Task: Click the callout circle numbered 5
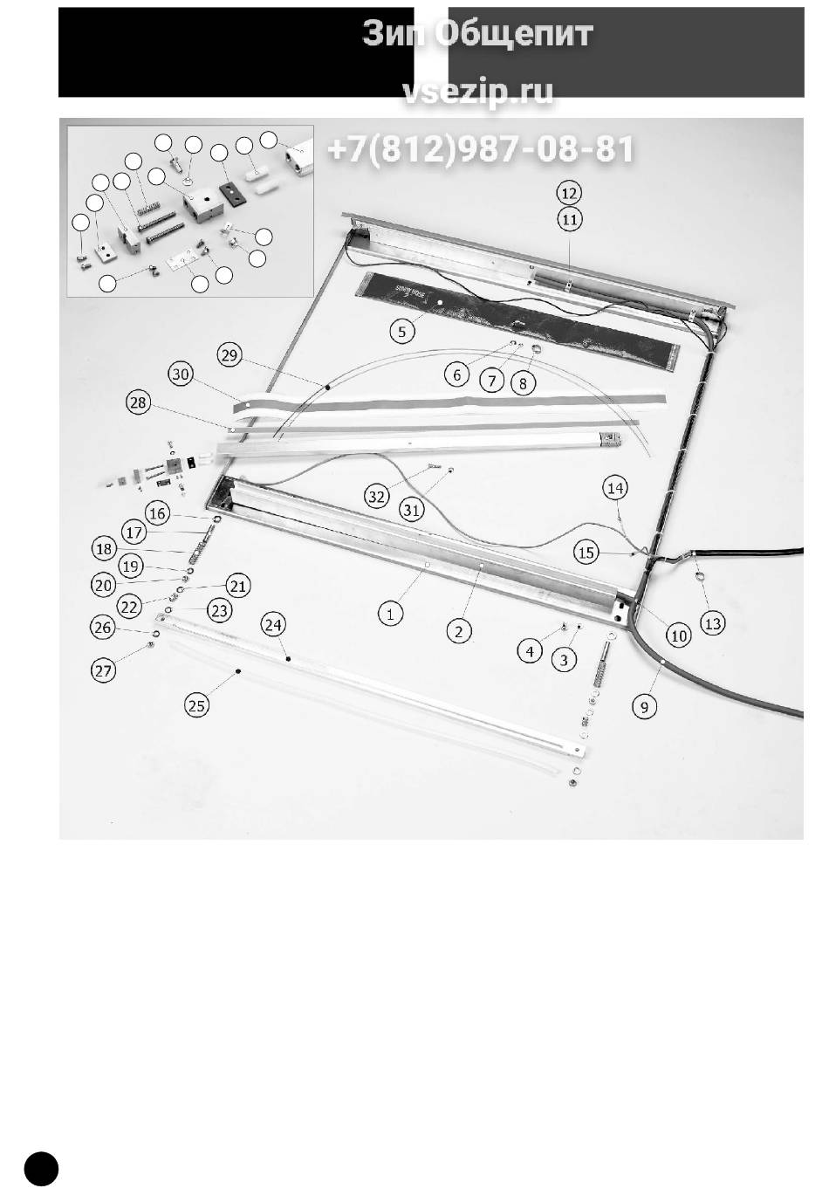[402, 333]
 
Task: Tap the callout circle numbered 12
[569, 193]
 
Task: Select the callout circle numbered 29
[230, 355]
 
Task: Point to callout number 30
[181, 374]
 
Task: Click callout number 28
[139, 402]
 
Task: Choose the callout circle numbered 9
[644, 707]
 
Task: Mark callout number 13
[713, 623]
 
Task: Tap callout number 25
[197, 705]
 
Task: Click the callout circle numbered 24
[274, 625]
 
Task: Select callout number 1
[391, 613]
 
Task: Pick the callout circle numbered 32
[377, 497]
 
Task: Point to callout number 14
[615, 488]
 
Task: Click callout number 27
[104, 670]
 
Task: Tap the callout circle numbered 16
[157, 513]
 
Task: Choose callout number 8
[524, 383]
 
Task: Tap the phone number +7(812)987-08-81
[481, 148]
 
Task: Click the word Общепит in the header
[513, 34]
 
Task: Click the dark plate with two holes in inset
[232, 193]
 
